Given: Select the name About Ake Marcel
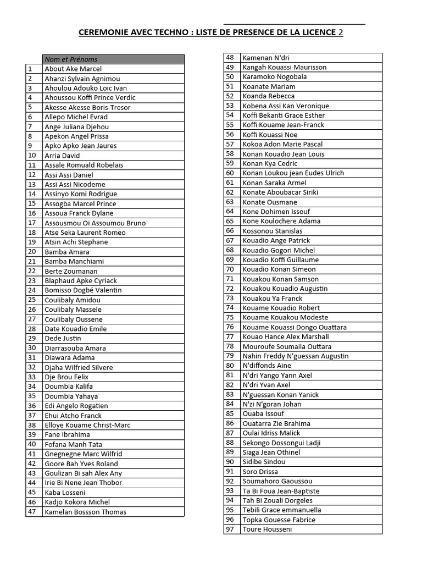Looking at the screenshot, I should pyautogui.click(x=73, y=69).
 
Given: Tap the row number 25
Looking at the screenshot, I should pyautogui.click(x=32, y=300).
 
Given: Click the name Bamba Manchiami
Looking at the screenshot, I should pyautogui.click(x=74, y=261).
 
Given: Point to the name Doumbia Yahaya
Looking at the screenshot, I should pyautogui.click(x=71, y=396).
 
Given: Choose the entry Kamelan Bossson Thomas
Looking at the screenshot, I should pyautogui.click(x=85, y=512).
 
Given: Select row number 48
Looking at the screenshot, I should pyautogui.click(x=230, y=57).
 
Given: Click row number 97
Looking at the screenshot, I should pyautogui.click(x=230, y=529).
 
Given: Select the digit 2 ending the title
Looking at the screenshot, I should pyautogui.click(x=340, y=32).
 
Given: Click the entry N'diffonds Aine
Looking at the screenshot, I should pyautogui.click(x=267, y=366).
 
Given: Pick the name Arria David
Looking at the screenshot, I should pyautogui.click(x=62, y=155).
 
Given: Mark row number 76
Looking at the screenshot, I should pyautogui.click(x=230, y=327).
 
